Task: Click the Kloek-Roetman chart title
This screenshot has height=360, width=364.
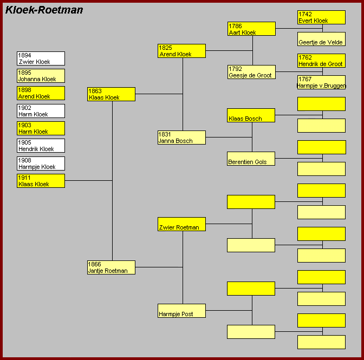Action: [44, 10]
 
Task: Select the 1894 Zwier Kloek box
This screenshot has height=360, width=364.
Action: [41, 58]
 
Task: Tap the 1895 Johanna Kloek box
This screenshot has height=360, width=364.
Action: [41, 76]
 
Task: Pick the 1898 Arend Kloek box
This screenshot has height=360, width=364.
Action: [41, 93]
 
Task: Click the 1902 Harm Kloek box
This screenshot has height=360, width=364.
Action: [41, 111]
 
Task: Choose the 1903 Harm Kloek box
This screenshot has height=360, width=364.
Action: [41, 128]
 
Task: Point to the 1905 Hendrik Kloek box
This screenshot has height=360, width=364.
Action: [41, 146]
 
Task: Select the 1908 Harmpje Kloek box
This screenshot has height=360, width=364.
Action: [41, 163]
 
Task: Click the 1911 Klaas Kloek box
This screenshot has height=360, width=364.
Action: [41, 181]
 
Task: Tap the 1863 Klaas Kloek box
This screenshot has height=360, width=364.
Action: [112, 94]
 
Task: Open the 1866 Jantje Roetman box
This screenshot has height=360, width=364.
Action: [112, 267]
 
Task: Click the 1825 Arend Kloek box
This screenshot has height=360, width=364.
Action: [182, 51]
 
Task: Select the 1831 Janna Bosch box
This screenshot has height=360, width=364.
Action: [182, 138]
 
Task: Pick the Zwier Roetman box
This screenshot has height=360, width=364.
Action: [182, 224]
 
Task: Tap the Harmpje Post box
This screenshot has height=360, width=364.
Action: [182, 311]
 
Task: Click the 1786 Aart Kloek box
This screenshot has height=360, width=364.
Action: [252, 29]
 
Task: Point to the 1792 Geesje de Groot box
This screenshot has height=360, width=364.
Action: [252, 72]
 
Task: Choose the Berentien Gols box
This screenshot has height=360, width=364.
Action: [251, 159]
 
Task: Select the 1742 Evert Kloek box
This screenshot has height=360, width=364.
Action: [322, 17]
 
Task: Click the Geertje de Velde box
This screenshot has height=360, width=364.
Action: [322, 39]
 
